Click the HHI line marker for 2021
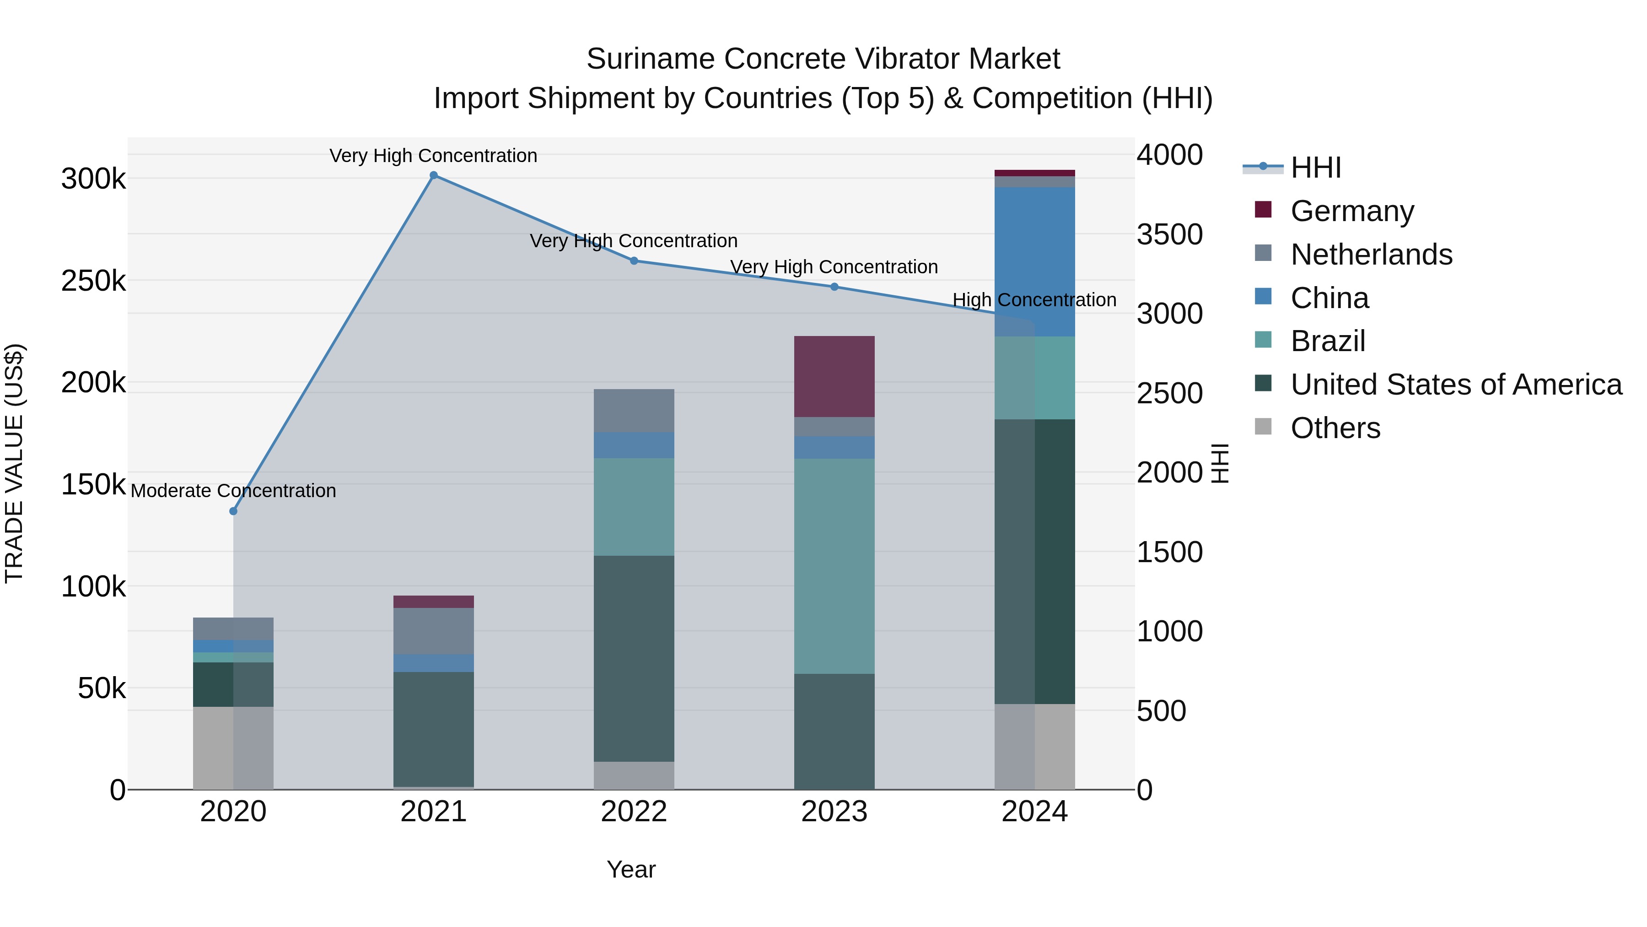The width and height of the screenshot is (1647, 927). (x=434, y=175)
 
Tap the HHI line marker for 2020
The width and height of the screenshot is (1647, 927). (x=233, y=511)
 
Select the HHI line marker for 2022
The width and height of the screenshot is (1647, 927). (x=634, y=260)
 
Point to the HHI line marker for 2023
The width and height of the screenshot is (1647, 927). (x=834, y=287)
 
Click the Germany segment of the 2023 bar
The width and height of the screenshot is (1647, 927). (x=834, y=376)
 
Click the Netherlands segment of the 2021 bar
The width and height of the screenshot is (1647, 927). (x=434, y=631)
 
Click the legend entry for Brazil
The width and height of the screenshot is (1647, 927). (x=1327, y=341)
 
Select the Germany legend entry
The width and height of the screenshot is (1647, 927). (x=1351, y=211)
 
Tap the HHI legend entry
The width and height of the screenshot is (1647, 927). (x=1315, y=168)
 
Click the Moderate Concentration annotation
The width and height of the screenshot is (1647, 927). (x=233, y=491)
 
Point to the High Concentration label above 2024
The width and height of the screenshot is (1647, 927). (x=1034, y=299)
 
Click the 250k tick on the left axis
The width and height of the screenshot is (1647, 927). (x=93, y=281)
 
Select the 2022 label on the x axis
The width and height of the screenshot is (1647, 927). (x=634, y=811)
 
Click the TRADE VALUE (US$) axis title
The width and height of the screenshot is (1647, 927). (x=14, y=463)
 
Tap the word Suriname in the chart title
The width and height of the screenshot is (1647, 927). (x=651, y=59)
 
